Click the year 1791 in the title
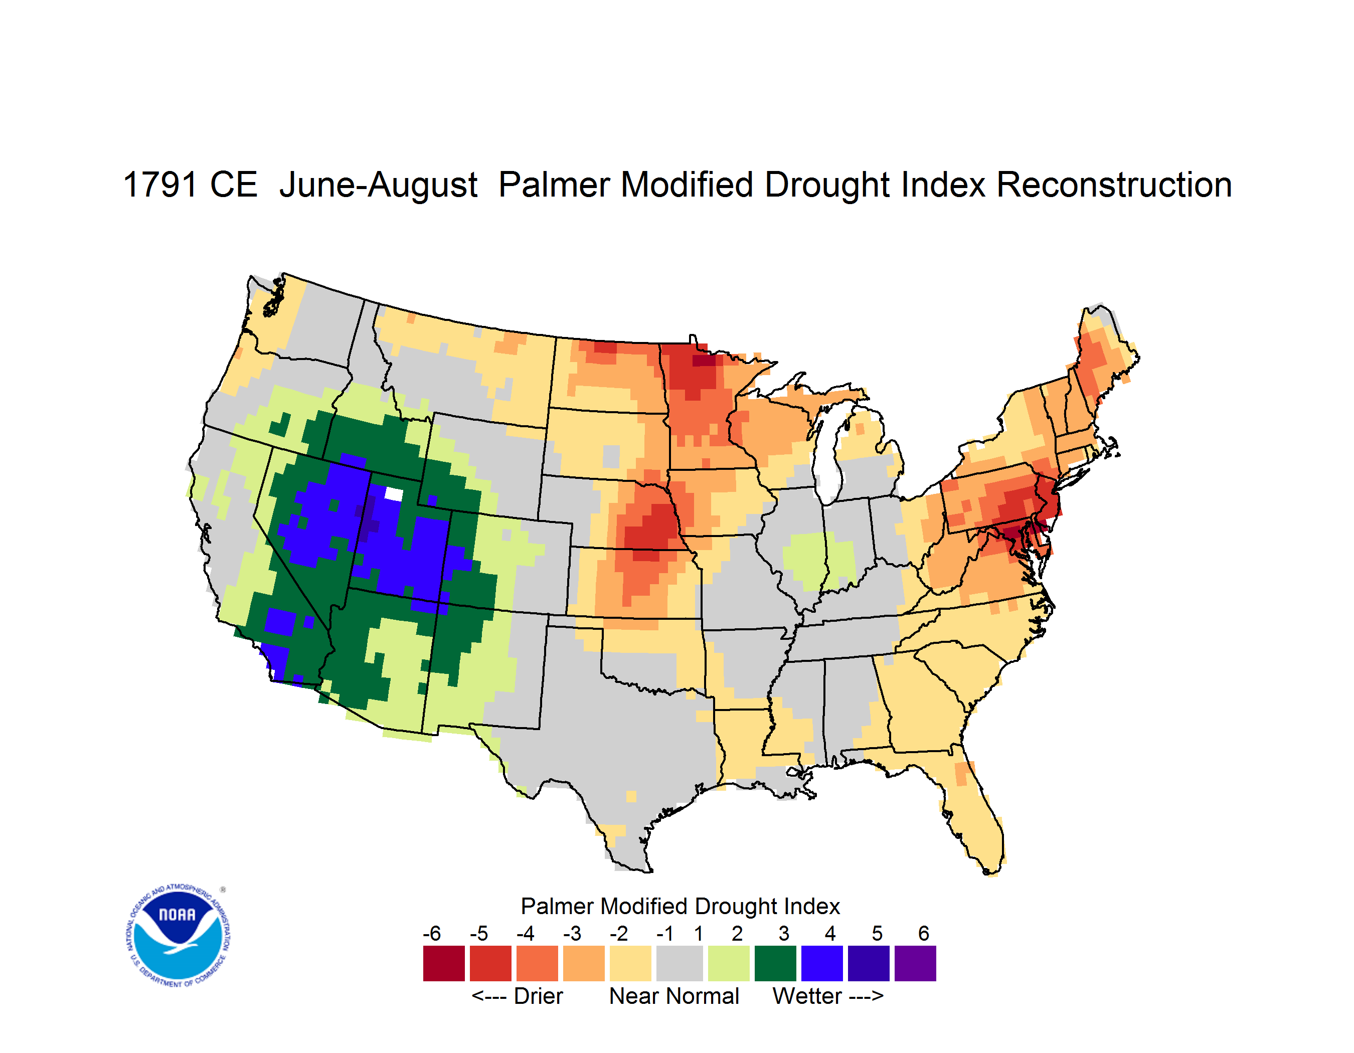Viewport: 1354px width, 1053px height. click(x=160, y=185)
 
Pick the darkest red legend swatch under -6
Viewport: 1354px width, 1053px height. click(x=443, y=963)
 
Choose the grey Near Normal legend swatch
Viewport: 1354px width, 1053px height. click(x=680, y=963)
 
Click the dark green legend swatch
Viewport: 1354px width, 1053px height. click(x=775, y=963)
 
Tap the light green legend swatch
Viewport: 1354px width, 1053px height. click(x=729, y=963)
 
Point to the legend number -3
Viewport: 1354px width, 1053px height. click(x=572, y=933)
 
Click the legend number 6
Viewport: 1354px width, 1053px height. click(x=923, y=933)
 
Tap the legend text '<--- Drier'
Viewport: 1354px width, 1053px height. click(x=517, y=996)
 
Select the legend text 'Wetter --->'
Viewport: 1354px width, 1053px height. click(x=827, y=996)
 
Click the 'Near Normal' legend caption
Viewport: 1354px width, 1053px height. click(x=674, y=996)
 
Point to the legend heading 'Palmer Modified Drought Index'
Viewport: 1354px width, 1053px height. click(x=680, y=906)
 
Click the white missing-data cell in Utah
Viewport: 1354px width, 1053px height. click(x=394, y=494)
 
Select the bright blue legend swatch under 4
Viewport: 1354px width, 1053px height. click(x=821, y=963)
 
